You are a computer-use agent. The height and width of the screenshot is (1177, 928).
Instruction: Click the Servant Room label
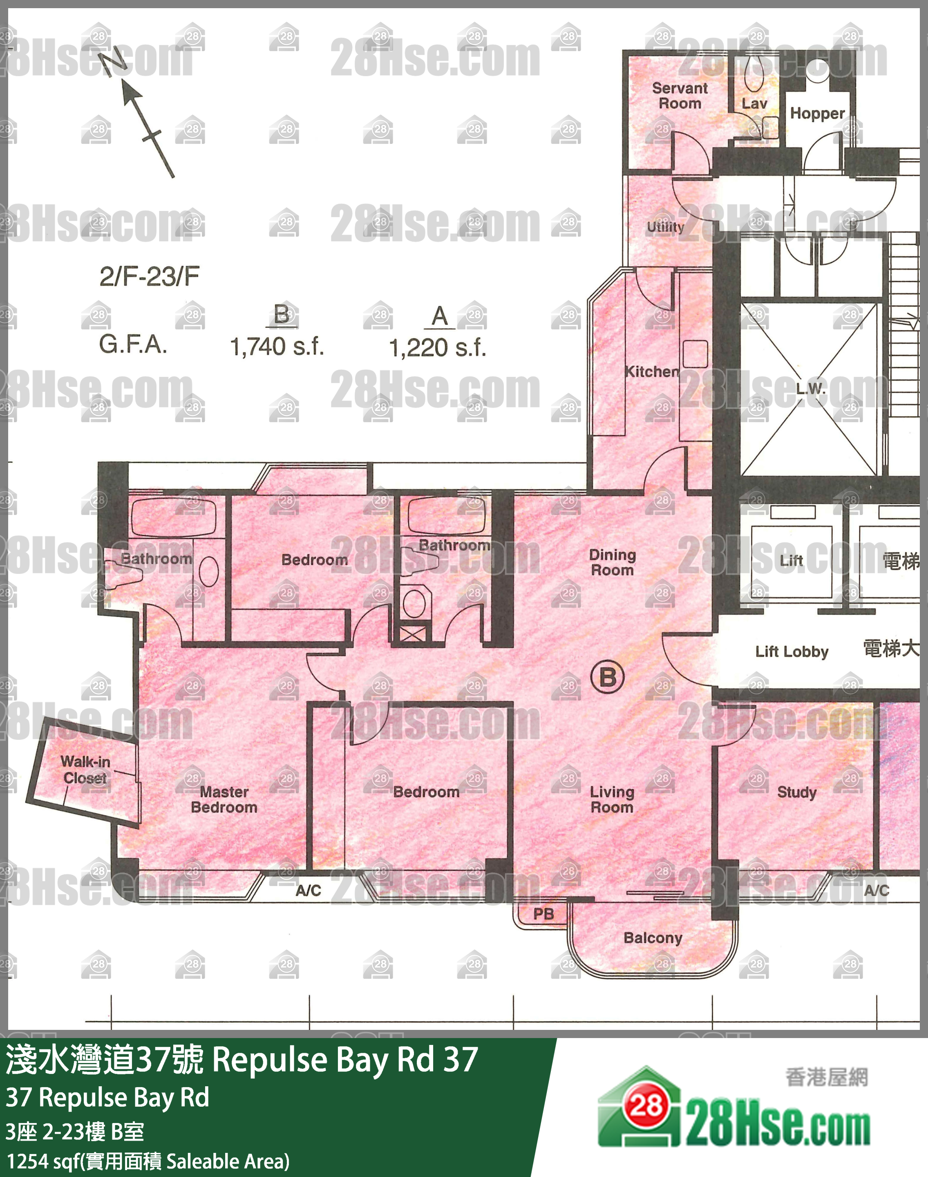tap(680, 96)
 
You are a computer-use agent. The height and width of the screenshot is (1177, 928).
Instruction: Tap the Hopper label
tap(817, 114)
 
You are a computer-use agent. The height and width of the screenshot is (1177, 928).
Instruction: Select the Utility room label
tap(665, 227)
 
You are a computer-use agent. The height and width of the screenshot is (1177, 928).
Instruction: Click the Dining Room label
tap(612, 562)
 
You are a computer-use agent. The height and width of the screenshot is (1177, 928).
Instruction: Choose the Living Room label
tap(612, 799)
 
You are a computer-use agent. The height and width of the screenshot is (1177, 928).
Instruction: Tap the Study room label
tap(796, 792)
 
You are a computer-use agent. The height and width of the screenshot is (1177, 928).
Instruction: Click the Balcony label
tap(653, 938)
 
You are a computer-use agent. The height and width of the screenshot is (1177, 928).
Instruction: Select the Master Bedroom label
tap(224, 799)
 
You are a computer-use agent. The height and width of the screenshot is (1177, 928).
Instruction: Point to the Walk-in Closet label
tap(85, 770)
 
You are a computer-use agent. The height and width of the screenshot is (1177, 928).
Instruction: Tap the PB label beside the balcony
tap(543, 914)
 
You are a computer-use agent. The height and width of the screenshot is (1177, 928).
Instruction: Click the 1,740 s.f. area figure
tap(277, 346)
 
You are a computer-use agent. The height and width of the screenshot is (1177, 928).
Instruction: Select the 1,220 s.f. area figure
tap(437, 348)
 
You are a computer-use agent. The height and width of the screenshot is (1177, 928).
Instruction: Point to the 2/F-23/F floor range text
tap(150, 277)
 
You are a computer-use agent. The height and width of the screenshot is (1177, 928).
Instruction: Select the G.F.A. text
tap(133, 345)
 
